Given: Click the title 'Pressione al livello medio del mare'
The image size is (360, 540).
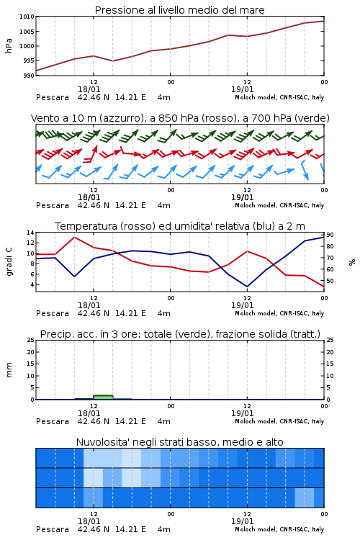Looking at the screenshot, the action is (179, 10).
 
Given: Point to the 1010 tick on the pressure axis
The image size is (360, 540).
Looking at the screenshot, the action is (27, 17).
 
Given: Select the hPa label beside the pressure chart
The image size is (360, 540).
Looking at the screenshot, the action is (9, 45).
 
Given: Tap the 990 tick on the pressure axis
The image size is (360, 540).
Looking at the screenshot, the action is (29, 76).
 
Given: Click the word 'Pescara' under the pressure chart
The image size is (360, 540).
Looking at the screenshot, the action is (53, 97).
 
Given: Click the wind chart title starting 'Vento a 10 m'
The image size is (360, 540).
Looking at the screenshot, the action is (180, 118).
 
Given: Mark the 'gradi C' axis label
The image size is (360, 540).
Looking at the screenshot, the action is (9, 262).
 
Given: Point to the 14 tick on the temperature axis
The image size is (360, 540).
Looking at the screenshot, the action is (31, 233).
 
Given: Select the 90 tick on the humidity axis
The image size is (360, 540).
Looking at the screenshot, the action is (330, 235).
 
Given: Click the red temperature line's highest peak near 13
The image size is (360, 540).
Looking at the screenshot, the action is (74, 238).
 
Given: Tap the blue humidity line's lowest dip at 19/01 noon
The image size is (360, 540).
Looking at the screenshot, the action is (247, 286).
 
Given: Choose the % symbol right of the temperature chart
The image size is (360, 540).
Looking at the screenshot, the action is (352, 262).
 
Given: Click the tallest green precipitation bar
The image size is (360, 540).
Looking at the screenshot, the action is (103, 397).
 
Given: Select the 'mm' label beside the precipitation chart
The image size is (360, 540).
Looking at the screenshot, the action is (9, 370).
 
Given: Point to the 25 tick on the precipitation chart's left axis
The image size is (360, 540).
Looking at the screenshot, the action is (31, 341).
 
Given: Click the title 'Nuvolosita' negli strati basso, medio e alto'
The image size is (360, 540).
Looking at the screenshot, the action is (179, 442).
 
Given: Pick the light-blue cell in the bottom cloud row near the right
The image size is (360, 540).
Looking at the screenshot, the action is (305, 498).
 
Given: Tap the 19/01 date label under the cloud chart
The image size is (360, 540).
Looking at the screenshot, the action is (242, 521).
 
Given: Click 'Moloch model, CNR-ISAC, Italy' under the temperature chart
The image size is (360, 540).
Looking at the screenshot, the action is (279, 313).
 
